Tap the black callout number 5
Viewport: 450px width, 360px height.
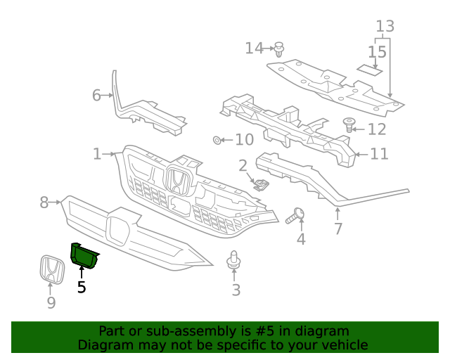tap(82, 287)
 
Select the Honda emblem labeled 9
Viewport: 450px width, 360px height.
tap(51, 269)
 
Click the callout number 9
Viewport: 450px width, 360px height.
tap(51, 303)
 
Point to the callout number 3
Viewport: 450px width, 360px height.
tap(236, 289)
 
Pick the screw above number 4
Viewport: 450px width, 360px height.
tap(297, 215)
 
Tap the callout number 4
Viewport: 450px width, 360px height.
tap(301, 239)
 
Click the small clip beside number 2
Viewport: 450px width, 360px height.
tap(262, 184)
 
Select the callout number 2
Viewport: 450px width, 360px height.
tap(243, 166)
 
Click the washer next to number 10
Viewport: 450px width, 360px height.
tap(217, 140)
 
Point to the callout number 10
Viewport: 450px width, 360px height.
tap(244, 140)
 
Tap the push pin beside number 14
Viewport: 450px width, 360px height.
tap(280, 49)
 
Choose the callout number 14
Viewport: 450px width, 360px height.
tap(254, 48)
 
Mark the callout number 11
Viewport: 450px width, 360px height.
tap(379, 153)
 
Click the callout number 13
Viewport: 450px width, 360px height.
tap(385, 27)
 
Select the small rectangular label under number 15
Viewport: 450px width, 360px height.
tap(369, 69)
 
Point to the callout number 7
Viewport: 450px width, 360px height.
tap(337, 229)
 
